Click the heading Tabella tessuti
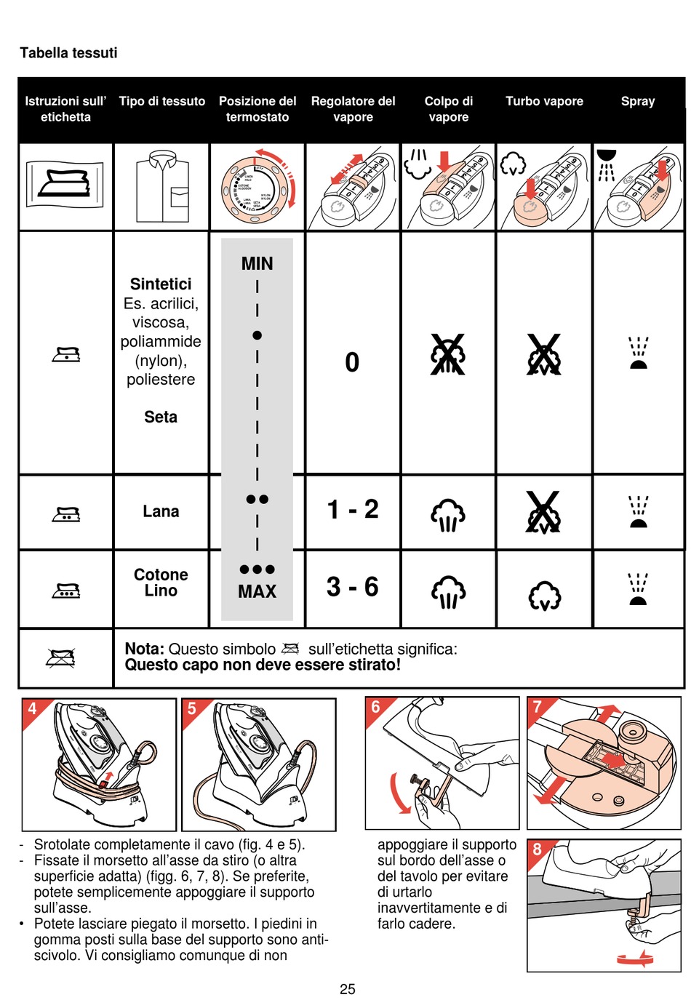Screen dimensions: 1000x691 (68, 53)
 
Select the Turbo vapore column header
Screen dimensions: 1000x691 (544, 101)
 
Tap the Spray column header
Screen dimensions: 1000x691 (638, 101)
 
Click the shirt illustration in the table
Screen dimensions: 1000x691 (161, 187)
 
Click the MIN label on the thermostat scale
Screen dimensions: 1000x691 (257, 263)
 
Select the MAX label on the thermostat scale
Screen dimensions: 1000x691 (257, 592)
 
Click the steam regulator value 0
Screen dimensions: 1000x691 (352, 362)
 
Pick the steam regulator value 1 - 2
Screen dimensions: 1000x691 (353, 510)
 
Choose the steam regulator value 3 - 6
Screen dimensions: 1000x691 (353, 587)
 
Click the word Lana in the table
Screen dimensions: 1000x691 (161, 511)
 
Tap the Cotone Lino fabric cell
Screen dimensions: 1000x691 (161, 583)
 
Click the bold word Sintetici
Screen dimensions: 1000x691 (161, 284)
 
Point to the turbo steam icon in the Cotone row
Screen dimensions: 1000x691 (544, 596)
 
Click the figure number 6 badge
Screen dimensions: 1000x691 (376, 707)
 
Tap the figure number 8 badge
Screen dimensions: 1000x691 (538, 849)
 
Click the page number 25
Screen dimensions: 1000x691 (348, 989)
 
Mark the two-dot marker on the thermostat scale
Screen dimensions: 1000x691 (257, 499)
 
